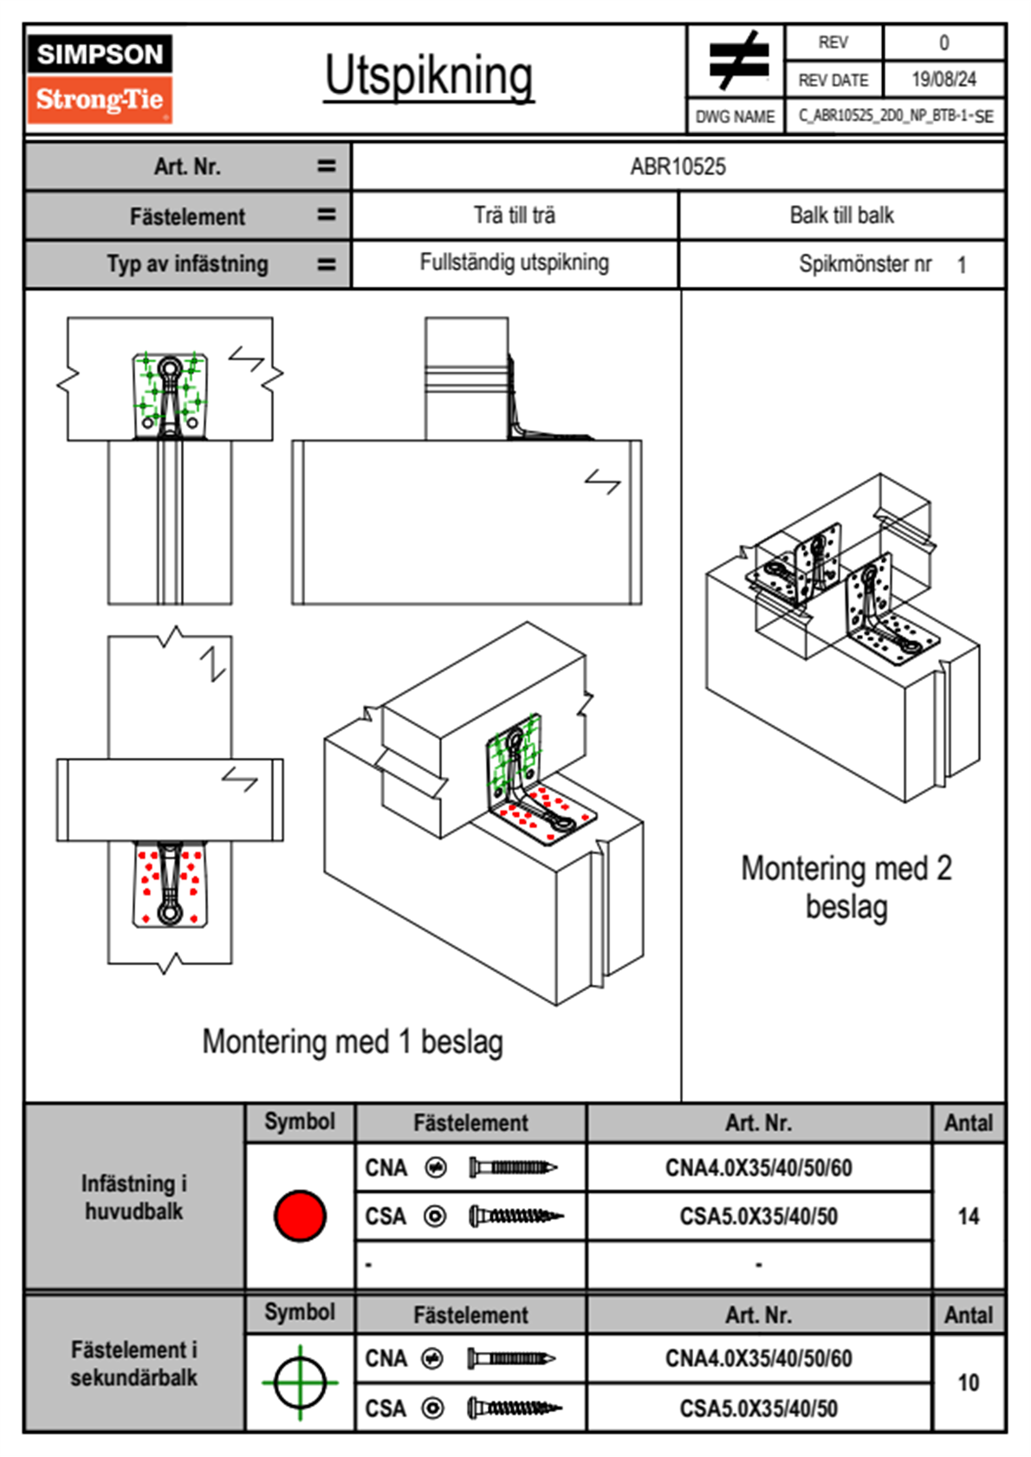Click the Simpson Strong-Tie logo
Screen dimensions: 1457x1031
point(100,78)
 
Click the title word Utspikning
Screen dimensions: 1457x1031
point(429,76)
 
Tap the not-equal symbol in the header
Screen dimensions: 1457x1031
point(737,61)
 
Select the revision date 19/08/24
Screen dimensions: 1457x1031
point(943,80)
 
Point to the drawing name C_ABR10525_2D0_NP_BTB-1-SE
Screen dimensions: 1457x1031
point(895,115)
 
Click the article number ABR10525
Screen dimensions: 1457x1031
point(678,166)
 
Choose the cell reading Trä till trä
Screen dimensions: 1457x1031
point(515,215)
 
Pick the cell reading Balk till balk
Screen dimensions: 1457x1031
point(841,215)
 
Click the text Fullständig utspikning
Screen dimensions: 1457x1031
point(515,262)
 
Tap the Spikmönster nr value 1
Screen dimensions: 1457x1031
point(962,265)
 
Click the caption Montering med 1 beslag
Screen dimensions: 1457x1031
point(353,1041)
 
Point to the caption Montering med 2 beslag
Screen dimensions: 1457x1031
point(846,887)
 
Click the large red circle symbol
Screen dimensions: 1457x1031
point(300,1215)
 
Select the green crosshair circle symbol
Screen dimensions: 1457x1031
point(300,1383)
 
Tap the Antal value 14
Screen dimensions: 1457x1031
point(968,1216)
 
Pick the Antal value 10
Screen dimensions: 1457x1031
point(968,1383)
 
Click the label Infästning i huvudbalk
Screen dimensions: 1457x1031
point(134,1197)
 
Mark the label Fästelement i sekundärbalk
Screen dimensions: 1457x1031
point(134,1363)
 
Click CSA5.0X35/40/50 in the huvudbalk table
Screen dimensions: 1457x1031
point(758,1217)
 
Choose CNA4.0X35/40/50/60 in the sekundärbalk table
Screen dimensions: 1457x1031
point(758,1358)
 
